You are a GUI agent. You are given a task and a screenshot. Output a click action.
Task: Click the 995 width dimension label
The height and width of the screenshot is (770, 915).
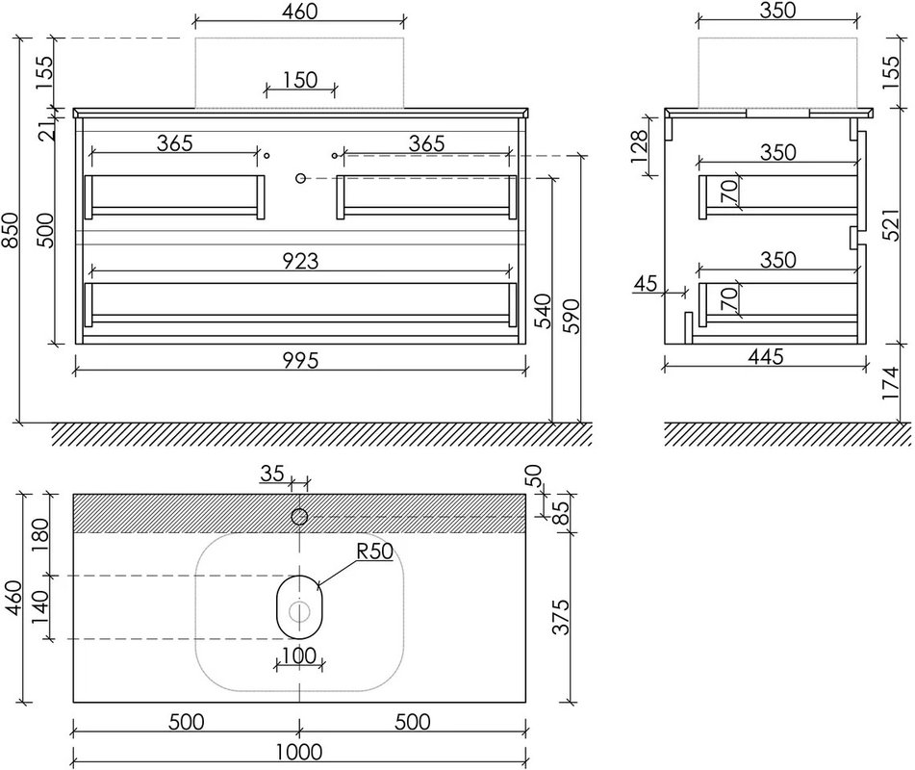click(x=300, y=360)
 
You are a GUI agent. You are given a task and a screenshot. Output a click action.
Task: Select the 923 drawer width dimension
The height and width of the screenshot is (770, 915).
click(x=300, y=261)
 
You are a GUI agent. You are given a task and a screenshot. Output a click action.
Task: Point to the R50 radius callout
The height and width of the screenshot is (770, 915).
click(x=374, y=552)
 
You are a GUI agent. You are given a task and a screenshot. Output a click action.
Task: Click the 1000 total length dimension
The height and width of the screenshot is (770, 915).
click(x=299, y=752)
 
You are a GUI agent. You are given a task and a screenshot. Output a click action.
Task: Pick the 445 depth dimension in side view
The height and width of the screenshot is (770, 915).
click(x=765, y=356)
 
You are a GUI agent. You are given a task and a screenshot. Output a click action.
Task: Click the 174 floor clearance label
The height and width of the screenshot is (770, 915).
click(x=891, y=383)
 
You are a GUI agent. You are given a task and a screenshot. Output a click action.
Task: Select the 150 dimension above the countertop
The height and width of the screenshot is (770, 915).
click(x=300, y=80)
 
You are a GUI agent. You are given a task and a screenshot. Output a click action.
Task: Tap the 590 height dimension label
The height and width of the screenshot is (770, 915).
click(x=572, y=316)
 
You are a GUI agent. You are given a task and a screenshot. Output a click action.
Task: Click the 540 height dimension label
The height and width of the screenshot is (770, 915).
click(x=543, y=311)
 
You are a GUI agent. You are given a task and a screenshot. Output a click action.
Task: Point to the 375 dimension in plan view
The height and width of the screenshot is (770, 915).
click(x=560, y=616)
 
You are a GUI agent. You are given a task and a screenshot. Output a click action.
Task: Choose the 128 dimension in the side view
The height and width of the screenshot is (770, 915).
click(x=639, y=146)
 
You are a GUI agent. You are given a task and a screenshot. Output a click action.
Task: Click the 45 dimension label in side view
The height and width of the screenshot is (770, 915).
click(x=646, y=284)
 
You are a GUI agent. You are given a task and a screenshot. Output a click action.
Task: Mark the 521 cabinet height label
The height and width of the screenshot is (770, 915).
click(x=891, y=225)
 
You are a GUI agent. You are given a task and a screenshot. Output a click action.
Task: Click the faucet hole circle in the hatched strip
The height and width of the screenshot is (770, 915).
click(x=299, y=517)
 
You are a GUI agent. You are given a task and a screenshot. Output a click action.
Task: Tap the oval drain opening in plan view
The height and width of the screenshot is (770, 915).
click(x=299, y=606)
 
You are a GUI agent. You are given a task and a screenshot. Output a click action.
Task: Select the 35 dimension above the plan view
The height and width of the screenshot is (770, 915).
click(x=272, y=473)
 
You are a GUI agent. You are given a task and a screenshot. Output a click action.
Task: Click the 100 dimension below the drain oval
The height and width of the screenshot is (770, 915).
click(x=299, y=655)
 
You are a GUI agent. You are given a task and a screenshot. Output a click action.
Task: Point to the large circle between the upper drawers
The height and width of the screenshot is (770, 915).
click(x=300, y=178)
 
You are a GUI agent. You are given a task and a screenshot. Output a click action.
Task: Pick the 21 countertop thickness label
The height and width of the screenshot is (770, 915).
click(x=49, y=130)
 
